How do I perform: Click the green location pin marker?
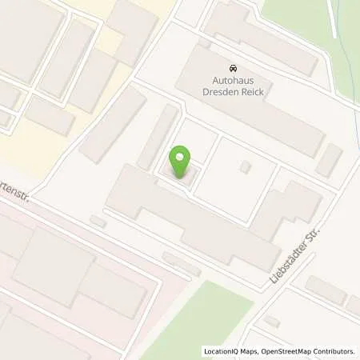(183, 160)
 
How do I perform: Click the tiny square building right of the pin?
(246, 166)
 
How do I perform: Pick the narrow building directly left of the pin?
(157, 137)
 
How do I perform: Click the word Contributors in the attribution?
(333, 351)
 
